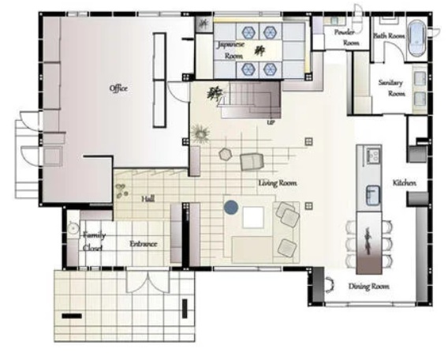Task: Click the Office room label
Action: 118,88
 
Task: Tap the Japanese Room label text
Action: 231,50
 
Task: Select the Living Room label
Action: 278,183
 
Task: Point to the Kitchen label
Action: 405,182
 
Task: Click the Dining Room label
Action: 368,287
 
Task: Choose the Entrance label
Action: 144,244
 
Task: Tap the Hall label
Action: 148,198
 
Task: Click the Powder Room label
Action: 347,38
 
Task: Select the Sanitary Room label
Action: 392,88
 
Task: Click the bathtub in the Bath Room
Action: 417,39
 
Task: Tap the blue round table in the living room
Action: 231,207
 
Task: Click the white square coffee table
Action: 253,217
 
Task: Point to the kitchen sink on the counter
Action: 373,195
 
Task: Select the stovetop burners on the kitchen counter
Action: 373,156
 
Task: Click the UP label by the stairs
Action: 271,122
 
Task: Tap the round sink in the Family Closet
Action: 73,228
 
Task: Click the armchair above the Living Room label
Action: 252,162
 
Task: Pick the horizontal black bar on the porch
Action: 72,316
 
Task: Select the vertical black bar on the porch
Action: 185,309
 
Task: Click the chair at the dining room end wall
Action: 330,285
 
